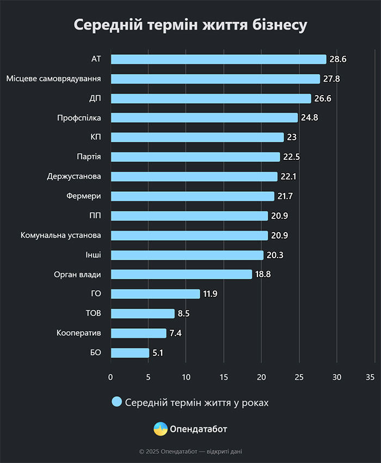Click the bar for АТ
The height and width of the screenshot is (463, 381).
pos(218,59)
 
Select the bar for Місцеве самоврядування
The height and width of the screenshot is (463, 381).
pos(215,79)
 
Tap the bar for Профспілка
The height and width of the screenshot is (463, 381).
pos(204,118)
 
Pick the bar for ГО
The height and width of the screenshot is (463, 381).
pos(155,294)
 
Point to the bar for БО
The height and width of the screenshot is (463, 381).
pos(130,353)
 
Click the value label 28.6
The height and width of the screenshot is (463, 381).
pos(338,59)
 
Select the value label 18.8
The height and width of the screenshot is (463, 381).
pos(263,274)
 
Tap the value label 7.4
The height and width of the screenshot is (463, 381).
pos(175,333)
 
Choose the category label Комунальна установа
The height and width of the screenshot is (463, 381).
pos(61,235)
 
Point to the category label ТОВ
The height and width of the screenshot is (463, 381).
pos(93,314)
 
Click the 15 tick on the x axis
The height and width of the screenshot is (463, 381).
pos(224,377)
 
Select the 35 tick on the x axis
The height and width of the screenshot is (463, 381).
pos(371,377)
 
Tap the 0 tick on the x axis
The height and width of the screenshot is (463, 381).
pos(110,377)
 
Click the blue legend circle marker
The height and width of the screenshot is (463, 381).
pos(116,402)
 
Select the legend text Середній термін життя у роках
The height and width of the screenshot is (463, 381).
pos(197,403)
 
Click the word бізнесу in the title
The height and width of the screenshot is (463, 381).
pos(276,26)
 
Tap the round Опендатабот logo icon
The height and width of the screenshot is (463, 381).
pos(161,429)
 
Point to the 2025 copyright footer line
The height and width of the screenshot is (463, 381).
pos(190,451)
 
